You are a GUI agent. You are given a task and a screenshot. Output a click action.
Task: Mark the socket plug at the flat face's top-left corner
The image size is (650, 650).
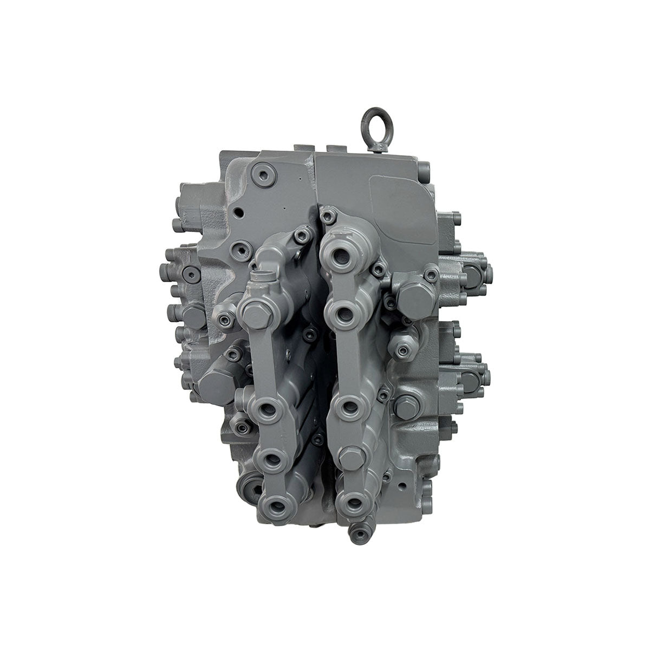pos(264,175)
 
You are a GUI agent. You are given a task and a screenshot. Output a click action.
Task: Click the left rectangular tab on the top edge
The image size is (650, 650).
pos(304,147)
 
